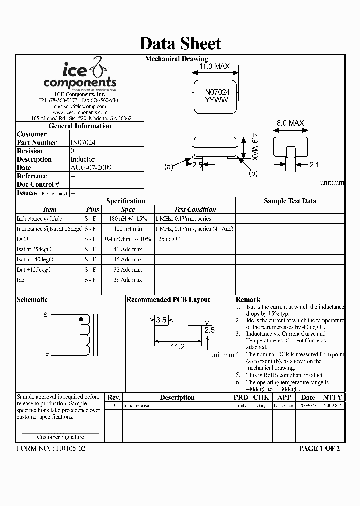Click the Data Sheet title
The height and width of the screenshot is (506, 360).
coord(180,43)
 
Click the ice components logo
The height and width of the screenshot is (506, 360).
coord(80,75)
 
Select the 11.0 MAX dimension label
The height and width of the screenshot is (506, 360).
coord(214,66)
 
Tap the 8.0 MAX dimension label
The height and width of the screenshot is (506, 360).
coord(290,123)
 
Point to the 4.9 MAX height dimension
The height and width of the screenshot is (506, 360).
coord(254,147)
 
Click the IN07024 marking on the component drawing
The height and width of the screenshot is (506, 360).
coord(216,92)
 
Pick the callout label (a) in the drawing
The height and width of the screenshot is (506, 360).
coord(168,167)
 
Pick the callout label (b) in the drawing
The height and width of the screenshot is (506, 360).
coord(253,173)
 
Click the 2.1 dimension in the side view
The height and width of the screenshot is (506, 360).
coord(314,165)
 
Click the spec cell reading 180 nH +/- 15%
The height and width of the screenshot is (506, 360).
coord(128,219)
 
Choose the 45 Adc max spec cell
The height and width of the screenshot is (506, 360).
coord(128,260)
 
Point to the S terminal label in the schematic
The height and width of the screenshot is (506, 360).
coord(46,315)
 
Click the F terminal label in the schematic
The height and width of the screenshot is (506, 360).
coord(47,355)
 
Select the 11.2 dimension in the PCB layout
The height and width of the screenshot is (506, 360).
coord(178,346)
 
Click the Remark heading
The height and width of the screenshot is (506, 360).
coord(248,299)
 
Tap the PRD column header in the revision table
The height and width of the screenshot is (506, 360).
coord(240,397)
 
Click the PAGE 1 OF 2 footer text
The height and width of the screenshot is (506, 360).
coord(319,448)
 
